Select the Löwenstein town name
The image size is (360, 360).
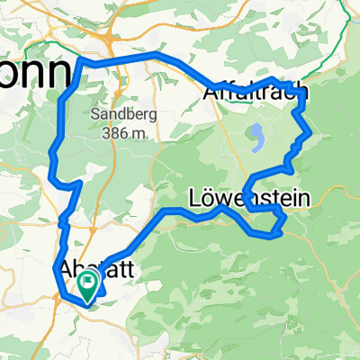[249, 197]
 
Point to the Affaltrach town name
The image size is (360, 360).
[252, 92]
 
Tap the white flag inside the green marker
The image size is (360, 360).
[88, 283]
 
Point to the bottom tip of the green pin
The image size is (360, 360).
[88, 301]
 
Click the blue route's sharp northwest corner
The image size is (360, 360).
[84, 61]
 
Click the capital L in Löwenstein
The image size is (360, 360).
[196, 197]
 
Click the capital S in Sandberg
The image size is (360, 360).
[94, 115]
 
